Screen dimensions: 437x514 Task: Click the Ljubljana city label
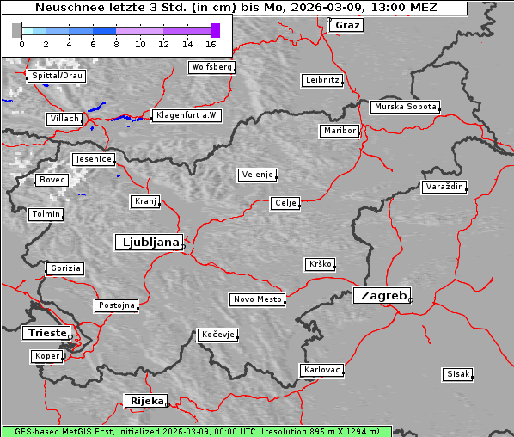tap(148, 242)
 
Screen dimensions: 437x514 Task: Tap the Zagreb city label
tap(382, 295)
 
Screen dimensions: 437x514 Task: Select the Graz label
tap(347, 25)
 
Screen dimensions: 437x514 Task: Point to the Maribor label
tap(340, 131)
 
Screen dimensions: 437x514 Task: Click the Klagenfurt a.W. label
tap(187, 115)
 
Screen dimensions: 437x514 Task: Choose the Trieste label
tap(44, 333)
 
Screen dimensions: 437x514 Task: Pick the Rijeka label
tap(146, 401)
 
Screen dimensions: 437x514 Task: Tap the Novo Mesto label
tap(257, 299)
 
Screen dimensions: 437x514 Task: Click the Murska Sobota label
tap(405, 107)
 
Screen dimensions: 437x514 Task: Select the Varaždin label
tap(444, 187)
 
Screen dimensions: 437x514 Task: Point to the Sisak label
tap(457, 374)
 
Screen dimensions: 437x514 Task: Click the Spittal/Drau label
tap(57, 76)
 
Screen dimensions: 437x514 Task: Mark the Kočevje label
tap(217, 334)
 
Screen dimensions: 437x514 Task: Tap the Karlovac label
tap(322, 370)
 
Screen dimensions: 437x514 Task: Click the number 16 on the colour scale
tap(211, 43)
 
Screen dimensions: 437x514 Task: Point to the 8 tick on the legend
tap(116, 43)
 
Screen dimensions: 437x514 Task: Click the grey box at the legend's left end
tap(17, 30)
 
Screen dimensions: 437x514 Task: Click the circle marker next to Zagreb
tap(411, 300)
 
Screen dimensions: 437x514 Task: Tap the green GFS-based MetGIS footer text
tap(196, 431)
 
